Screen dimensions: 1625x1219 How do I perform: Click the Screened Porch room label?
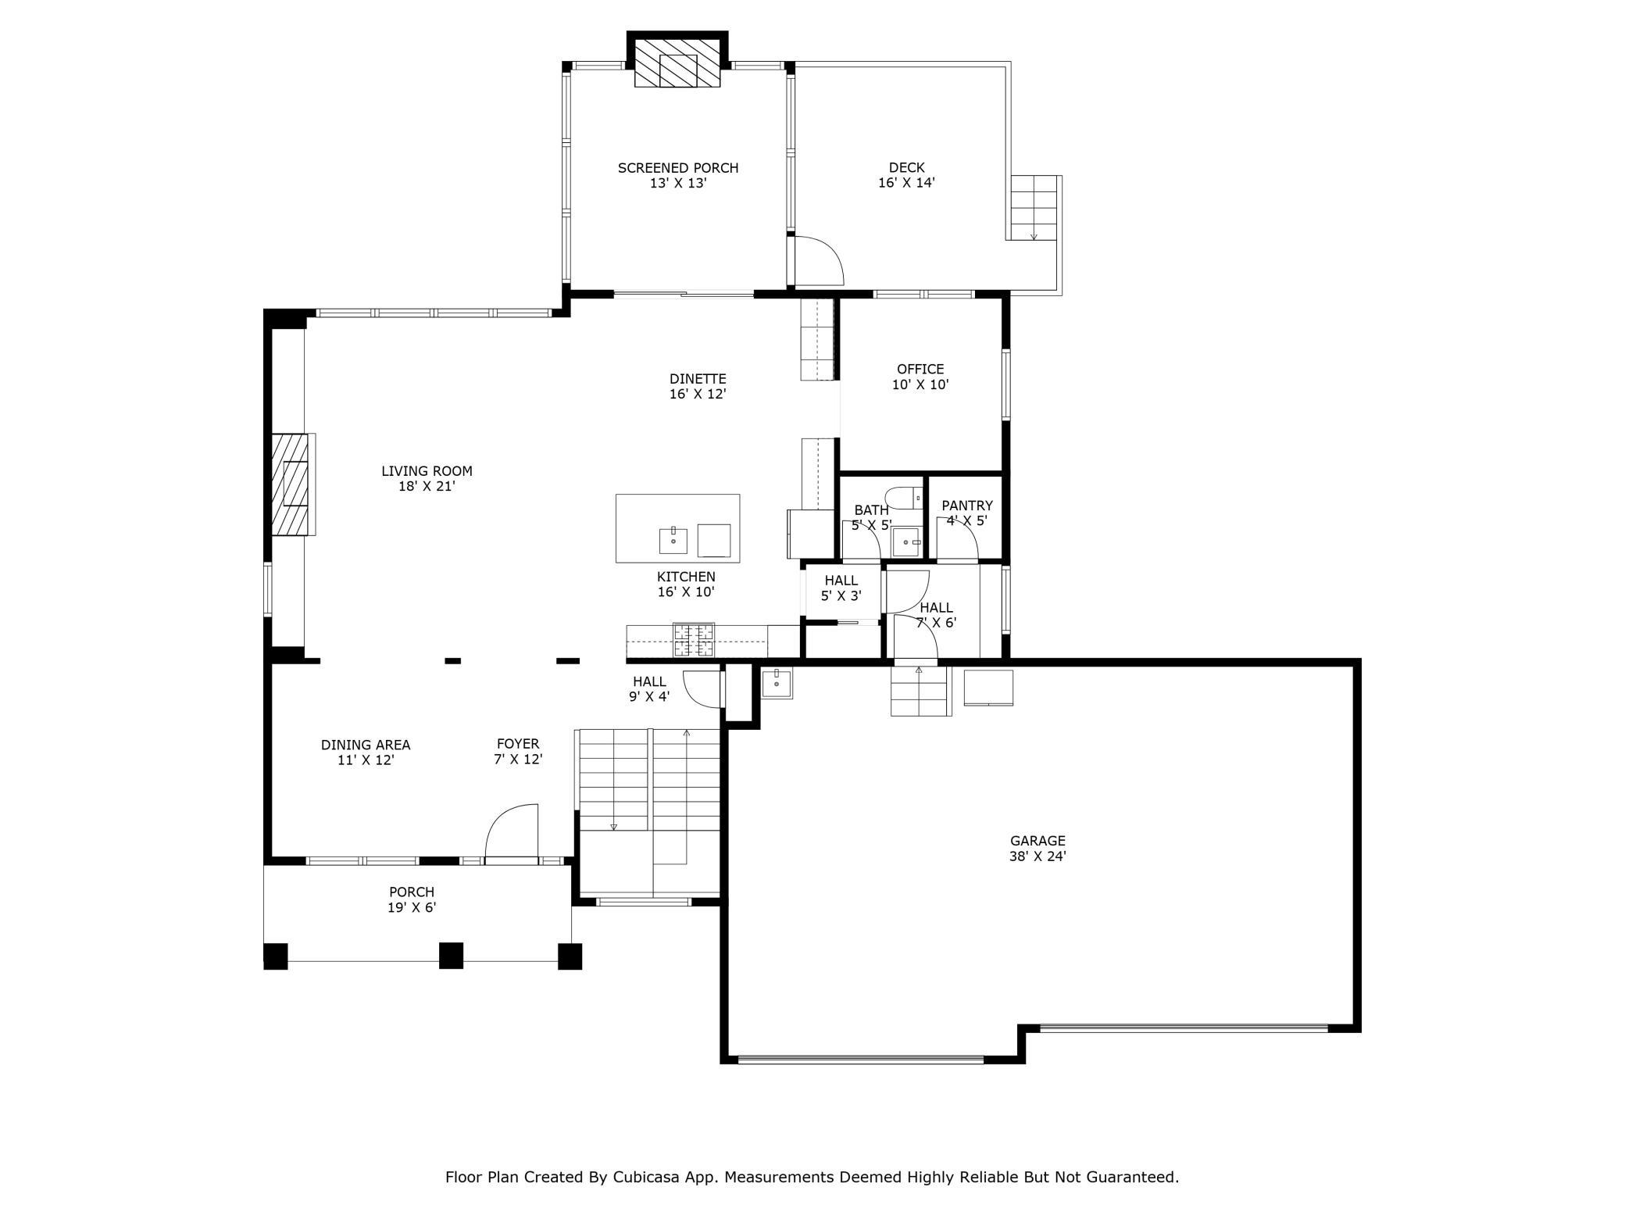[x=677, y=176]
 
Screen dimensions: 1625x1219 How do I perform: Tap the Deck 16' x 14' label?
[x=906, y=175]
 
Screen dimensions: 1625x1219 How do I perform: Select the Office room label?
[x=920, y=377]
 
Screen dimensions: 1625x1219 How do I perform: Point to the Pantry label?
[x=967, y=513]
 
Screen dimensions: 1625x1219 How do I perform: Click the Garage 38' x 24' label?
[x=1037, y=848]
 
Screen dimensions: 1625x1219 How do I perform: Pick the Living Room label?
[x=427, y=478]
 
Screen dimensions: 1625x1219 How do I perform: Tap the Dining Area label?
[x=366, y=752]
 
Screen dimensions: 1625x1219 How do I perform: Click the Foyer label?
[x=518, y=752]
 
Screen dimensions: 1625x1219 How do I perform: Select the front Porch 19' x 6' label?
[x=412, y=899]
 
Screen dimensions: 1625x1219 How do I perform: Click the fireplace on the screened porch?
[x=677, y=63]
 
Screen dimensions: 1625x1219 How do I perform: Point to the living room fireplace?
[x=293, y=484]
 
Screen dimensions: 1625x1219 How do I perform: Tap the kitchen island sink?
[x=673, y=540]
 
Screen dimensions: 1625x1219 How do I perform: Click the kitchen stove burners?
[x=694, y=640]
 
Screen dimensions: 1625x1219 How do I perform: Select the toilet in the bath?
[x=904, y=498]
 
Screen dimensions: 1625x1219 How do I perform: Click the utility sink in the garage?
[x=777, y=684]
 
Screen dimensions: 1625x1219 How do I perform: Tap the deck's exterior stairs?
[x=1034, y=208]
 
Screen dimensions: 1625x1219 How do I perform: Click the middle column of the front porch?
[x=451, y=956]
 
